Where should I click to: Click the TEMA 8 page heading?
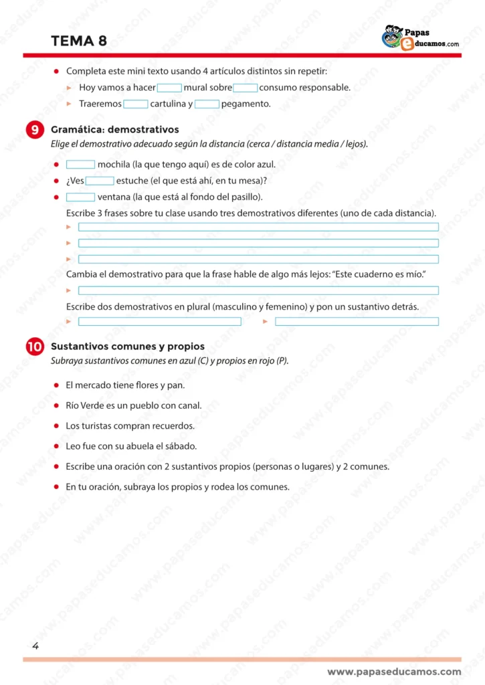(x=79, y=41)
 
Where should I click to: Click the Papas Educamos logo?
(x=420, y=37)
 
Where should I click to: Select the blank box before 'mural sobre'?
(x=169, y=88)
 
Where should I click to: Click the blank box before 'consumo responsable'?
(x=246, y=88)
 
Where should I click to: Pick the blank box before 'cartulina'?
(x=136, y=104)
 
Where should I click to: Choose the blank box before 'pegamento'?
(x=207, y=104)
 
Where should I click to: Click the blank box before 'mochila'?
(x=80, y=165)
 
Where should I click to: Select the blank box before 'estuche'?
(x=100, y=181)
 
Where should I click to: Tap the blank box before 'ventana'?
(x=80, y=197)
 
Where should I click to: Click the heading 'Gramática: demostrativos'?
(x=115, y=130)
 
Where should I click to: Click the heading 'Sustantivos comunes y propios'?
(x=128, y=347)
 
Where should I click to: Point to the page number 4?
(x=35, y=646)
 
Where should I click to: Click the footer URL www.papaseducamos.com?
(x=394, y=672)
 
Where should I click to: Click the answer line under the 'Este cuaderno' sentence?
(x=258, y=290)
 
